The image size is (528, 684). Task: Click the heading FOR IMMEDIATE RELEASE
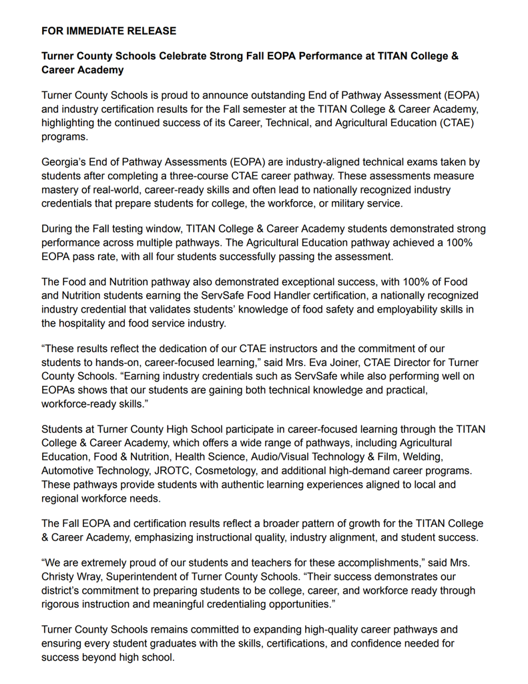(109, 31)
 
